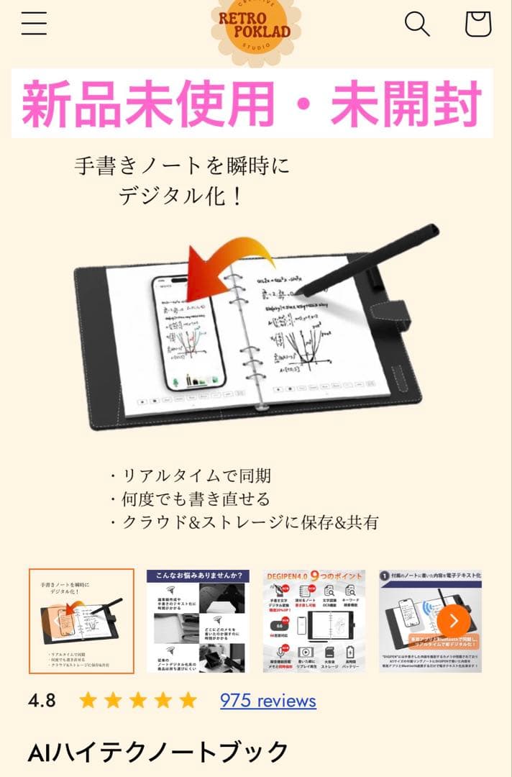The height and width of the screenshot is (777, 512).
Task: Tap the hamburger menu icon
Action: pos(34,24)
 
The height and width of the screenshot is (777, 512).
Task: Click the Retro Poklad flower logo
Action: pos(255,27)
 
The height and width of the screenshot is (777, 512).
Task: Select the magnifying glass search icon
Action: pos(417,24)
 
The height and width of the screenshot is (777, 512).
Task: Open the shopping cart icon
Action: pos(478,24)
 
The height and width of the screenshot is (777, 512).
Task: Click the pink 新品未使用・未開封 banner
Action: pos(251,104)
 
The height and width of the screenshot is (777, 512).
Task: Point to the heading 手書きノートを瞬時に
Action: pos(183,167)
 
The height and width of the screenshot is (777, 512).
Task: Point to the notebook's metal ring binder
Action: pos(244,338)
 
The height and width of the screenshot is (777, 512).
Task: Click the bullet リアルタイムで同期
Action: pos(190,476)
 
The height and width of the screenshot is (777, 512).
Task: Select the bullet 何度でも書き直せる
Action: pos(190,499)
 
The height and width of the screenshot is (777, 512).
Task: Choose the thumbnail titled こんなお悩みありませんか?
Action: pos(198,622)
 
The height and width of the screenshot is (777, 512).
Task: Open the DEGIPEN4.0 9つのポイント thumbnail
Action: pos(314,622)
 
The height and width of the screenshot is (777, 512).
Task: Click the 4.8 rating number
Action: pos(42,701)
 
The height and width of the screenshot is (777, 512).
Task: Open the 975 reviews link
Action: pos(268,701)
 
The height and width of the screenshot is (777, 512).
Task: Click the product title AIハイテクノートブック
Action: pos(158,753)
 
